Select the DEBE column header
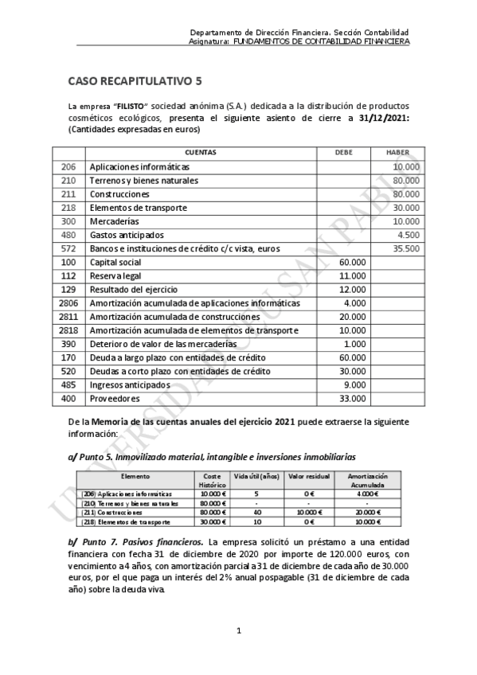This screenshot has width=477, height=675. pos(343,152)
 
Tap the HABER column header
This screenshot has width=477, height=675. pos(397,152)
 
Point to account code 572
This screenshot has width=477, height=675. pos(68,249)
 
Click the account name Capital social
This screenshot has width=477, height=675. pos(115,262)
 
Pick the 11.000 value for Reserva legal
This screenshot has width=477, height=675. pos(353,275)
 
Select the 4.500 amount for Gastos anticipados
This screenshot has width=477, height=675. pos(408,235)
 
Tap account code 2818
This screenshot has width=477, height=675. pos(68,330)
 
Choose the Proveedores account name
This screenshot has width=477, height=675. pos(115,398)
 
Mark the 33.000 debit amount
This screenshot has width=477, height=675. pos(353,398)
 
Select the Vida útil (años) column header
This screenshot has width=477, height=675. pos(252,476)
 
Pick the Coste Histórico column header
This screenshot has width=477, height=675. pos(209,480)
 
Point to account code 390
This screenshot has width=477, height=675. pos(68,344)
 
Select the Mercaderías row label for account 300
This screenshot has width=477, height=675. pos(114,221)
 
